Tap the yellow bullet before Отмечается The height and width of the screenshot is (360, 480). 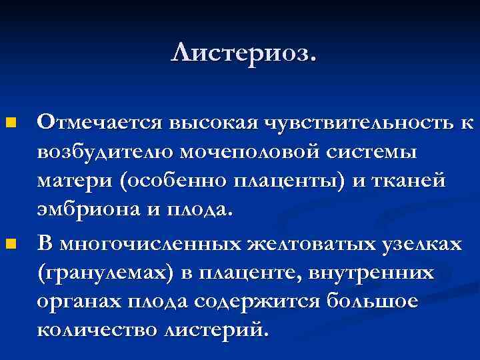(10, 123)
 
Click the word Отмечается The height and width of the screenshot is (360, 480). (100, 123)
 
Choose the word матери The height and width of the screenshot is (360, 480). (73, 182)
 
